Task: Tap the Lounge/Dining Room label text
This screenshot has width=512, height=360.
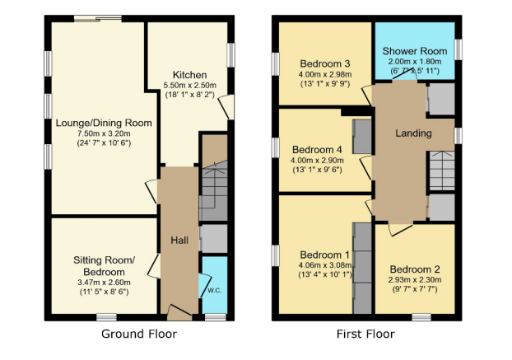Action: point(104,123)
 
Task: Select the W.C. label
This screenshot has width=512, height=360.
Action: point(214,289)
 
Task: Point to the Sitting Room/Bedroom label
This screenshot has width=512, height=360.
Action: point(104,266)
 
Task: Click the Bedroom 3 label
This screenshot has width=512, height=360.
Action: point(324,64)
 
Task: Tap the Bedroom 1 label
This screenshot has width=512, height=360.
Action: point(324,254)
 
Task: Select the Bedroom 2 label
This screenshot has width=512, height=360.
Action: point(415,269)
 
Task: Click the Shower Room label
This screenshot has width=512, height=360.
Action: point(415,49)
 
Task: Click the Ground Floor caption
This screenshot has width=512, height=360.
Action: point(138,334)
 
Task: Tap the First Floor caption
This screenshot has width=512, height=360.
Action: point(365,334)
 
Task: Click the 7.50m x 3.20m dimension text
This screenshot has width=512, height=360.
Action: point(104,133)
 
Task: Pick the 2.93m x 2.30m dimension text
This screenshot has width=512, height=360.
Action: point(415,280)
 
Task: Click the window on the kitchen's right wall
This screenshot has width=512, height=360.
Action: point(231,54)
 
